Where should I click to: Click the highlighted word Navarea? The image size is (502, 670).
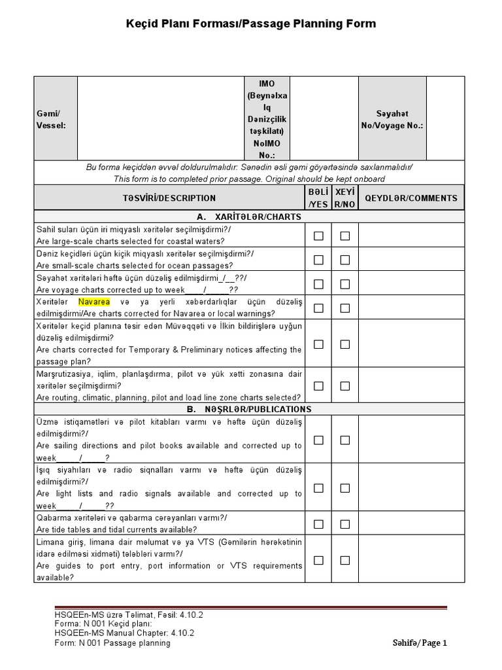pos(95,302)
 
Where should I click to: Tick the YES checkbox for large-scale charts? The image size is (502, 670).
pos(318,236)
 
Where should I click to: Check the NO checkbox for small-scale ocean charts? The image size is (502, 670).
pos(344,260)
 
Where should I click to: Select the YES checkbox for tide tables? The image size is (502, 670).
pos(318,524)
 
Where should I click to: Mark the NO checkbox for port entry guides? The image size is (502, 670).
pos(344,560)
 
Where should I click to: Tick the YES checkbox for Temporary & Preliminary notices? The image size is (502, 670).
pos(318,344)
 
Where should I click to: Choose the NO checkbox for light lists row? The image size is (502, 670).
pos(344,488)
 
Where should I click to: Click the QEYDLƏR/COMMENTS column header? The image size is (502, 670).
pos(411,198)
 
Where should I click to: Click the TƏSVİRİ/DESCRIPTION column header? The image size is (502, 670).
pos(169,198)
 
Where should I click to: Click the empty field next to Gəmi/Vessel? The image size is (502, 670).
pos(160,119)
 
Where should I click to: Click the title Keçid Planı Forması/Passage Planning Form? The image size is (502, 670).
pos(251,24)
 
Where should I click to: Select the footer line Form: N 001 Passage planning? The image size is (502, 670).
pos(112,643)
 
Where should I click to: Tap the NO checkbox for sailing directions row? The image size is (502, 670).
pos(344,440)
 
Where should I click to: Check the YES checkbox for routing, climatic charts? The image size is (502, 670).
pos(318,386)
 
